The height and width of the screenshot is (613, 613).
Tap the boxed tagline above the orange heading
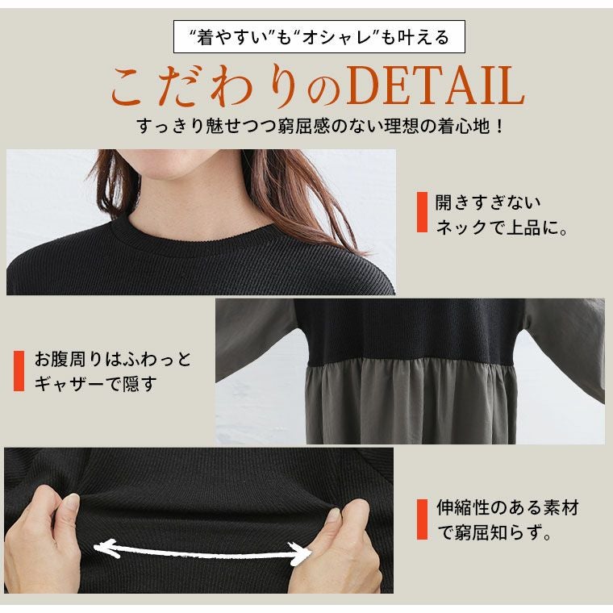[x=319, y=37]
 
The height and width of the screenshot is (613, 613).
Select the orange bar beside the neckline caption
[x=422, y=212]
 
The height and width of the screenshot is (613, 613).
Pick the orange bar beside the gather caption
[x=19, y=370]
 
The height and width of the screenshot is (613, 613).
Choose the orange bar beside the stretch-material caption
[x=422, y=519]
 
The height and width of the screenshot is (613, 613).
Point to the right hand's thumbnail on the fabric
[x=333, y=515]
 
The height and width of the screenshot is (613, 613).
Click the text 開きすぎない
[x=488, y=202]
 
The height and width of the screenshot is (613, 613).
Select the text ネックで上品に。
[x=502, y=227]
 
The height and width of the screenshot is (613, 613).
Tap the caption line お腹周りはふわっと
[x=113, y=359]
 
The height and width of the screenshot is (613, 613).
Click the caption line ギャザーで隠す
[x=96, y=383]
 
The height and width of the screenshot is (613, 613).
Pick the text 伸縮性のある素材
[x=507, y=507]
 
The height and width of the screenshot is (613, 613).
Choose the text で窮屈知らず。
[x=494, y=532]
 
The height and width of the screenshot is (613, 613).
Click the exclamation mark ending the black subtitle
[x=498, y=127]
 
